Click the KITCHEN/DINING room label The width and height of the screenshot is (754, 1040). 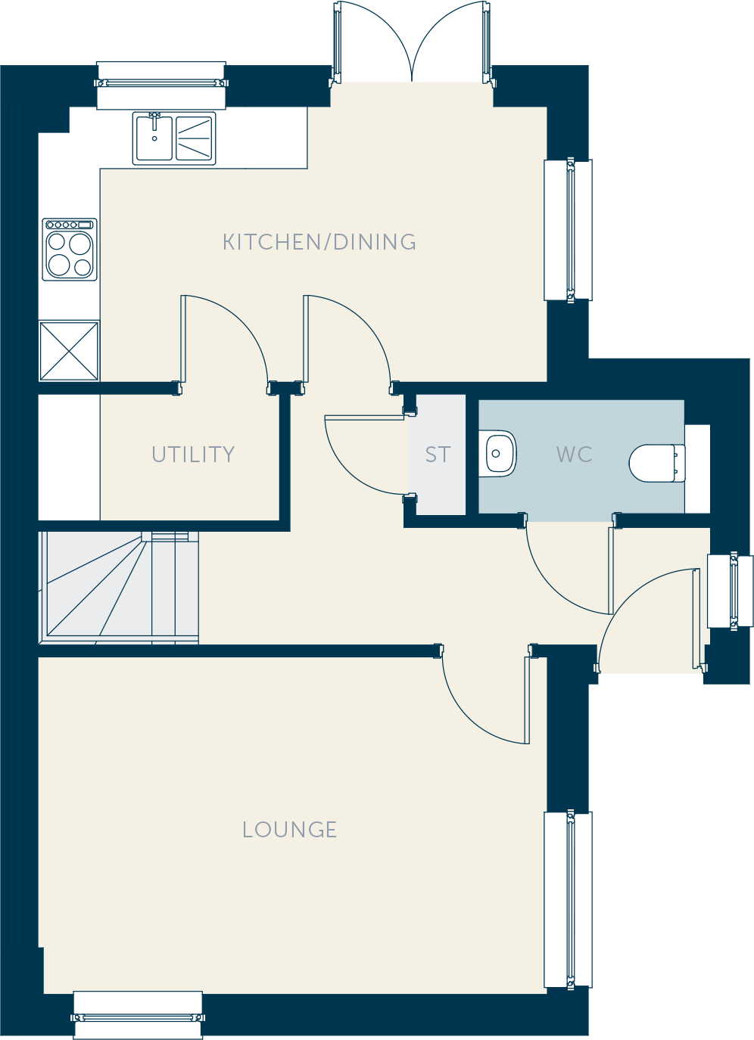click(319, 242)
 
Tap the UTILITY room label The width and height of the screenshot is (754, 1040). click(193, 454)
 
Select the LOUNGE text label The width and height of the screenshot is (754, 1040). click(289, 830)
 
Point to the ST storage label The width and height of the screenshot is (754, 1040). click(438, 455)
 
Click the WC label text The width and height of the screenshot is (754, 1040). click(575, 454)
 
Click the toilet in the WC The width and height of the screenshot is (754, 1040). click(657, 463)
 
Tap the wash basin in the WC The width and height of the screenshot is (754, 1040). click(498, 454)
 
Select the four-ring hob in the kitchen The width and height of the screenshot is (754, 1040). click(70, 250)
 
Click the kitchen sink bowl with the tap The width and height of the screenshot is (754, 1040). click(154, 138)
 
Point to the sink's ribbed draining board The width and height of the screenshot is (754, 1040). click(195, 138)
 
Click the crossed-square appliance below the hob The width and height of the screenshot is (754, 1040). click(69, 352)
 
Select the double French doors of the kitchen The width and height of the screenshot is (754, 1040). click(412, 42)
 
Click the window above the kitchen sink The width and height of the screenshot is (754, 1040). click(161, 85)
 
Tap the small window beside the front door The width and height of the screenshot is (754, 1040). click(730, 591)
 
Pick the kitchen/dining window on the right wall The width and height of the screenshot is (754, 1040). click(569, 230)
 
